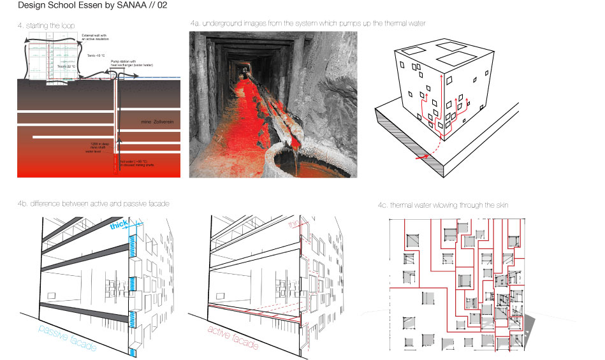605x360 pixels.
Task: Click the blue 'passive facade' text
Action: click(67, 338)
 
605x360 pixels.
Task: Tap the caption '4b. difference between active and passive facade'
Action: click(93, 204)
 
